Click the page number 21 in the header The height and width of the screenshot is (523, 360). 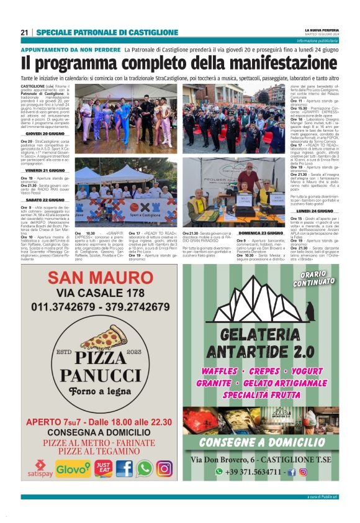click(x=24, y=32)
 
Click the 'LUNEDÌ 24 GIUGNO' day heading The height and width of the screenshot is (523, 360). click(x=314, y=211)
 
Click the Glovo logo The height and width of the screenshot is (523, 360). click(x=73, y=469)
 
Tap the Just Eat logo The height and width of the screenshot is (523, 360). click(x=104, y=468)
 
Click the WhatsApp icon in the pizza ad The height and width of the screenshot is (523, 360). click(x=144, y=468)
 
